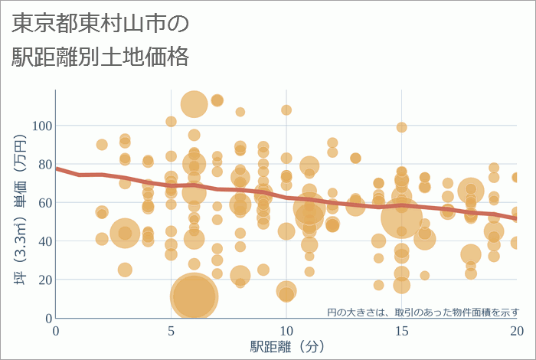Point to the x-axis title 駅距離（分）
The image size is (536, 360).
286,346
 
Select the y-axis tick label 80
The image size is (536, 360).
44,164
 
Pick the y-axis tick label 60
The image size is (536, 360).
44,202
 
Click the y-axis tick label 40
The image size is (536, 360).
44,241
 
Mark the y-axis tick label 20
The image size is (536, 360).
44,279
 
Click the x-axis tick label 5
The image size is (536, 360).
171,330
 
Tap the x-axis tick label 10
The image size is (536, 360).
286,330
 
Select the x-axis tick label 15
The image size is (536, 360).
401,330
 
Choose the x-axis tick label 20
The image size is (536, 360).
517,330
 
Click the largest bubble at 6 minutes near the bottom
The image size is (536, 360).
194,297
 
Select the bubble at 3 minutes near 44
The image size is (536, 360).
126,233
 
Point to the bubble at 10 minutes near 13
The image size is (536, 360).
286,292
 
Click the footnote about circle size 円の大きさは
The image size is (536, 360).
423,312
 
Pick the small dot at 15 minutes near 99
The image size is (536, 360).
401,127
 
